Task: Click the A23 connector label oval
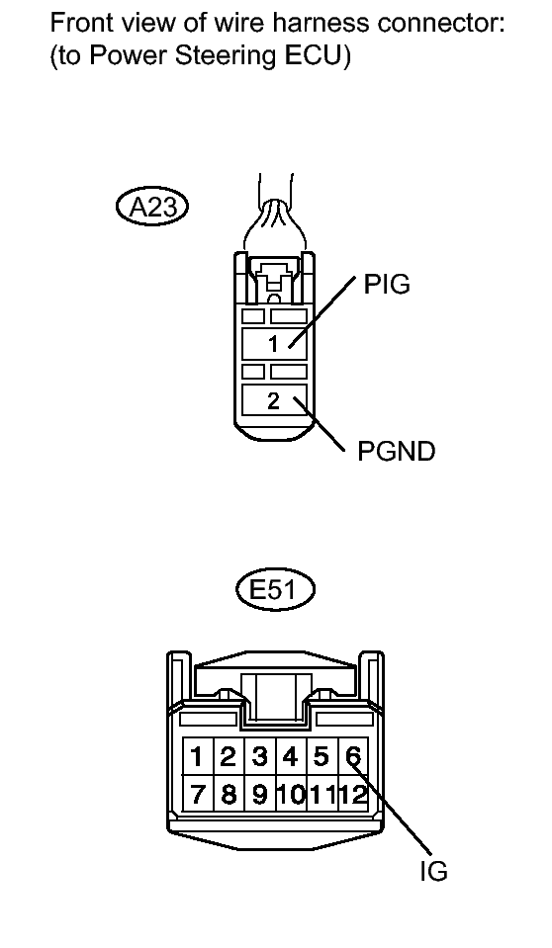tap(152, 208)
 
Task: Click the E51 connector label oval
tap(275, 589)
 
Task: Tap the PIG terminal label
tap(386, 284)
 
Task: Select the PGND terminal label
tap(397, 451)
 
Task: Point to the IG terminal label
tap(433, 871)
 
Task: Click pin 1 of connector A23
tap(274, 344)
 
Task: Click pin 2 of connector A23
tap(274, 400)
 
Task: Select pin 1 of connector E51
tap(197, 756)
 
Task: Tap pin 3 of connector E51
tap(259, 756)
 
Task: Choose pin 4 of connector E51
tap(291, 756)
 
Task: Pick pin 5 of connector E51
tap(322, 756)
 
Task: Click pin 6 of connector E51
tap(353, 756)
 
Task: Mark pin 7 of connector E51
tap(197, 794)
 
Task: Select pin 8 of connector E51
tap(229, 794)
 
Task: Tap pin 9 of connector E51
tap(259, 794)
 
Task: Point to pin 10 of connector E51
tap(291, 794)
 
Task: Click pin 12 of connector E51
tap(353, 794)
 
